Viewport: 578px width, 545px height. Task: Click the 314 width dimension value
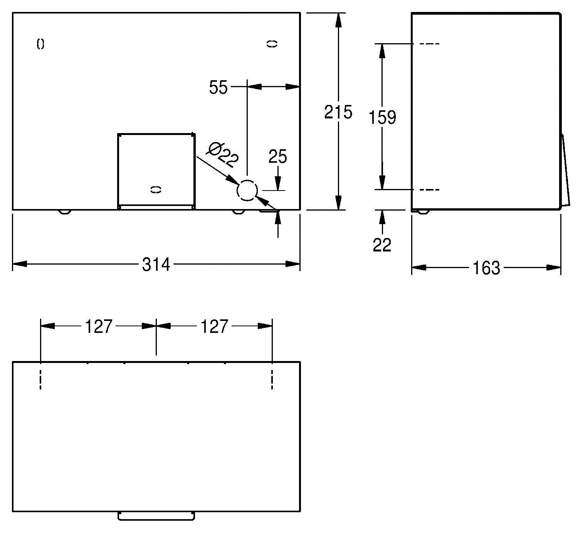pyautogui.click(x=156, y=265)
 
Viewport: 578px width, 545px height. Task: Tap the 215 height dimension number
pyautogui.click(x=338, y=112)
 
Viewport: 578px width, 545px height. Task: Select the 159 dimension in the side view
pyautogui.click(x=382, y=118)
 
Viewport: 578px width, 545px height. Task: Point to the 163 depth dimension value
pyautogui.click(x=486, y=268)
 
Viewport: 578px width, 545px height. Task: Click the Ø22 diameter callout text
pyautogui.click(x=223, y=155)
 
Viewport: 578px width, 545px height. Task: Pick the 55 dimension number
pyautogui.click(x=218, y=87)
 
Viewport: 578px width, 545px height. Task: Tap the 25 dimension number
pyautogui.click(x=278, y=157)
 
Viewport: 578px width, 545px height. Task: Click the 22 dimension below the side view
pyautogui.click(x=382, y=245)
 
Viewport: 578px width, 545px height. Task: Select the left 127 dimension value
pyautogui.click(x=99, y=327)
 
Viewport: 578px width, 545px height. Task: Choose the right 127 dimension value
pyautogui.click(x=215, y=327)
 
